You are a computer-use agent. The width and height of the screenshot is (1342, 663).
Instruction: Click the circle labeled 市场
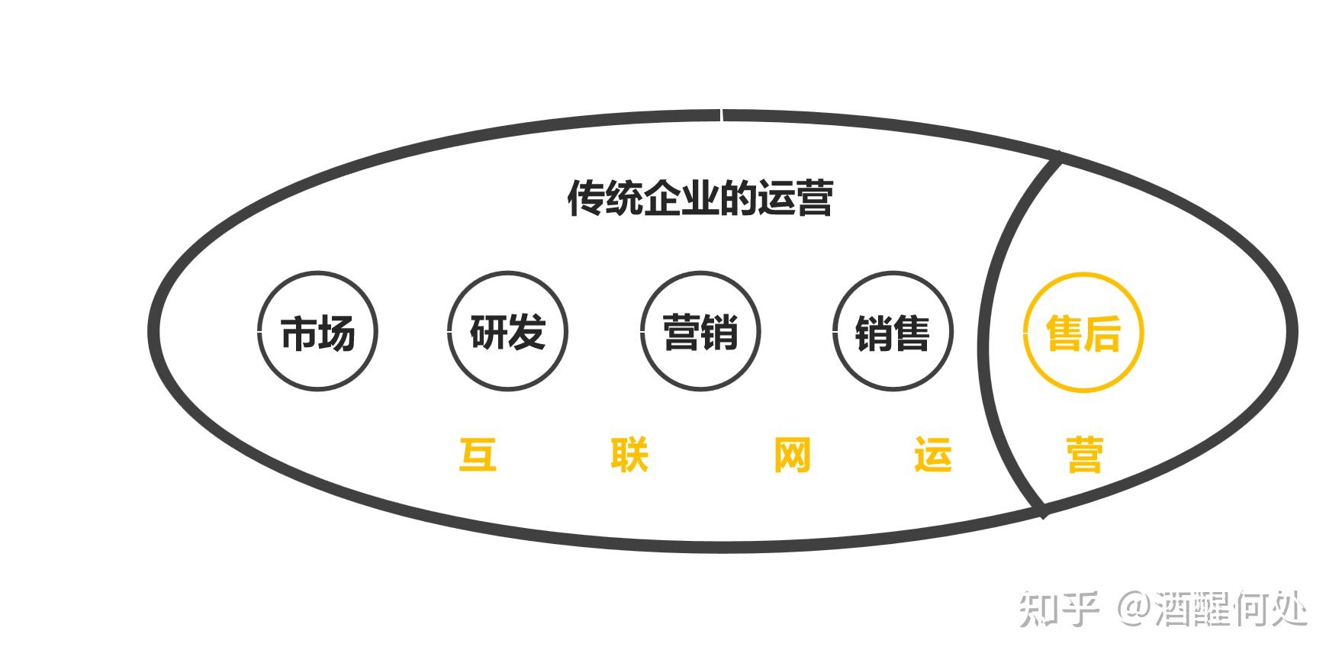point(317,332)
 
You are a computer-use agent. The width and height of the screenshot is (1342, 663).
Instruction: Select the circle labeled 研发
point(507,332)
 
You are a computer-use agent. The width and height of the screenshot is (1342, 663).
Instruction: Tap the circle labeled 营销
point(700,332)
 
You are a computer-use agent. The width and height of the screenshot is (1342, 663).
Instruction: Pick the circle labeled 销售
point(893,332)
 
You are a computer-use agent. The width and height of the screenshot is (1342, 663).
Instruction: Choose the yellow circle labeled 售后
point(1083,332)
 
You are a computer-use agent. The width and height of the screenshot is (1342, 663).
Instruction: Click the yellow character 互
point(478,455)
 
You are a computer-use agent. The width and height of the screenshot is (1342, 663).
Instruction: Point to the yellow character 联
point(630,455)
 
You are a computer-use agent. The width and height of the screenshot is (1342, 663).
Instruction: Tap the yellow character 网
point(792,455)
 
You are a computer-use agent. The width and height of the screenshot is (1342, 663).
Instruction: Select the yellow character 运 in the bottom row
point(933,455)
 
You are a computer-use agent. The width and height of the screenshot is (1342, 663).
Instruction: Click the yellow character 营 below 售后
point(1084,455)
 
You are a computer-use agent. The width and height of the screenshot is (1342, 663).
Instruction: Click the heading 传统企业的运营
point(700,198)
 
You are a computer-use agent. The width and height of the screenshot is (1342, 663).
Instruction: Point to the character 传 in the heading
point(586,198)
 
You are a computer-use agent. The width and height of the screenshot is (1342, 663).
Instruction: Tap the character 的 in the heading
point(737,198)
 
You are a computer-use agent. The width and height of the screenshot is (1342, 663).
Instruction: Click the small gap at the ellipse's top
point(721,115)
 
